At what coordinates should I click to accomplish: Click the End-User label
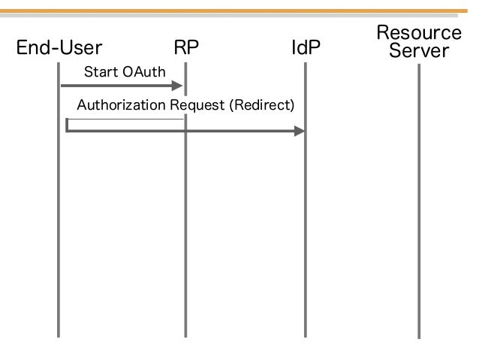59,47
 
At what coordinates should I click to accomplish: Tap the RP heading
186,47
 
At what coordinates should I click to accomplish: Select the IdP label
306,47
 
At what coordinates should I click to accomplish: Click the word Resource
419,32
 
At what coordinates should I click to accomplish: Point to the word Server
419,50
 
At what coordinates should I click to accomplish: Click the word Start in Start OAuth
101,72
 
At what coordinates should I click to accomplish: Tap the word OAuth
144,72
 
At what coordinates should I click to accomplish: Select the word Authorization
122,105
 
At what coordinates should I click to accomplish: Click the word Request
197,105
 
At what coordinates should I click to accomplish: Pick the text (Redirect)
262,105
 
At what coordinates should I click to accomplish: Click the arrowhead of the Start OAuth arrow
177,86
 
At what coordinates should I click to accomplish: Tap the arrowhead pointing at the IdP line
300,132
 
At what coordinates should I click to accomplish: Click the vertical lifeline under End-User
59,200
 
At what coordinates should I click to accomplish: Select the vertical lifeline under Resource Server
419,201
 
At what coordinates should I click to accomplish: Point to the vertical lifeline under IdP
305,200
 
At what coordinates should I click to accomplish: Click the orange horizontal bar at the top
233,11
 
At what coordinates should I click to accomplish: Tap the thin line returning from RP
125,119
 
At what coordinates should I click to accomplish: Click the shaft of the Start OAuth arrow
116,86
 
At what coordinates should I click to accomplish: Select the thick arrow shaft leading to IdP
180,132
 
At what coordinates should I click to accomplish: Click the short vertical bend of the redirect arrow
67,125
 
